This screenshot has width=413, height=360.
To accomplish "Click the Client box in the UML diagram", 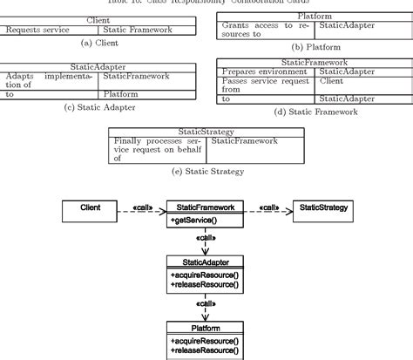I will pos(90,208).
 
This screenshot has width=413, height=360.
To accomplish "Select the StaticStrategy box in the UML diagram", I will pos(323,208).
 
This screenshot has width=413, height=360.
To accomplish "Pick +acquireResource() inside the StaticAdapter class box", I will pos(205,275).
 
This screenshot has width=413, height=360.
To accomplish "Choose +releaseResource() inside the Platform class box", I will pos(205,350).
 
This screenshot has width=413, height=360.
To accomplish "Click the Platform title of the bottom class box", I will pos(205,328).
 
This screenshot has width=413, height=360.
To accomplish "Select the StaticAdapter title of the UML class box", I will pos(205,262).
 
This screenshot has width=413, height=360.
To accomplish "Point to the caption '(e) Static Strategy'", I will pos(206,171).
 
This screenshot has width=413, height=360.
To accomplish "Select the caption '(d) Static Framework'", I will pos(315,112).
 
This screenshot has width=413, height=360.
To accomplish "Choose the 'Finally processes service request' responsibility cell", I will pos(159,149).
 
